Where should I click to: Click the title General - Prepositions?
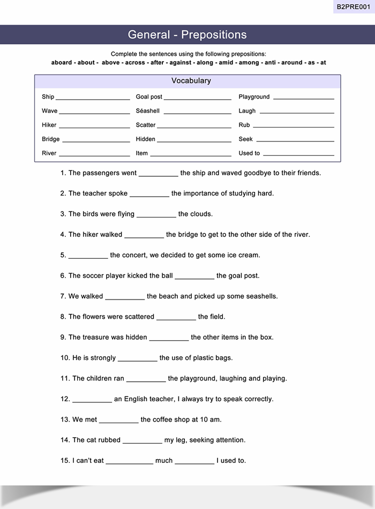click(x=187, y=35)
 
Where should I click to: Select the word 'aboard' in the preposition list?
click(x=62, y=63)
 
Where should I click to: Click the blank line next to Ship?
click(x=93, y=99)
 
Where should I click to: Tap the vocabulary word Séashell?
click(x=148, y=111)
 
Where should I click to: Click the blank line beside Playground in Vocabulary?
click(x=303, y=99)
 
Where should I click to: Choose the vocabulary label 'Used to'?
click(x=249, y=153)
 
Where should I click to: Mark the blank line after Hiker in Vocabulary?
click(x=94, y=127)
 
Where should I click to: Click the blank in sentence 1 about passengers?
click(x=158, y=175)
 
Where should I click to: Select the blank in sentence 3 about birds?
click(x=156, y=215)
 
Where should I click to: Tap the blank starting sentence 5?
click(x=88, y=257)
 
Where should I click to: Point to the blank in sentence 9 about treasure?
click(x=169, y=339)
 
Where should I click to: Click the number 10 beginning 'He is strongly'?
click(x=65, y=358)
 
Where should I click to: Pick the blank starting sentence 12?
click(x=92, y=400)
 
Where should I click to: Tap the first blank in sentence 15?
click(x=129, y=462)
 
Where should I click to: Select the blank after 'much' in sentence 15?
click(x=194, y=462)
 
